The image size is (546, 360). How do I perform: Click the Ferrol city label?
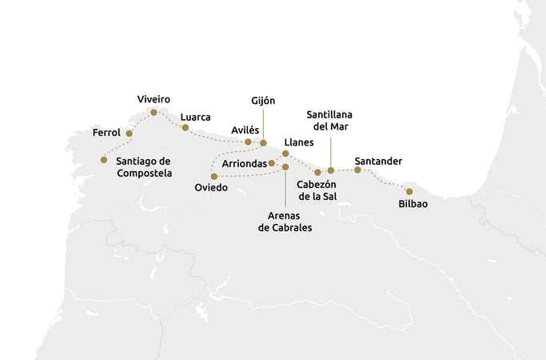106,132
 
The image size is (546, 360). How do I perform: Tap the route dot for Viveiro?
153,113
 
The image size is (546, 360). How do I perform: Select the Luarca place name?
196,117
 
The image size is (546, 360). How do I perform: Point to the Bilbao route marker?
409,191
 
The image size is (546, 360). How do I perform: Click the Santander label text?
378,161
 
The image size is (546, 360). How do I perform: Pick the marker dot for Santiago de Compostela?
104,160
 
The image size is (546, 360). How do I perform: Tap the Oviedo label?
211,187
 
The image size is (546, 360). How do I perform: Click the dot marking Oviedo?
213,176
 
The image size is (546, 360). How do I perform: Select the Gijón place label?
263,100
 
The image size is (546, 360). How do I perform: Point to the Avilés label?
245,130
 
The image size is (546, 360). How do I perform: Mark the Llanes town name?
299,142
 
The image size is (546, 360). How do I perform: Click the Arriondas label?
244,163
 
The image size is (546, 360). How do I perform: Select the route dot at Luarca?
185,127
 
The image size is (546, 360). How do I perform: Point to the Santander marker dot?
357,170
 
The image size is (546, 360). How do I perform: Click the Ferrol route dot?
129,133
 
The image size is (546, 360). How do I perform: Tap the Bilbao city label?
412,204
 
